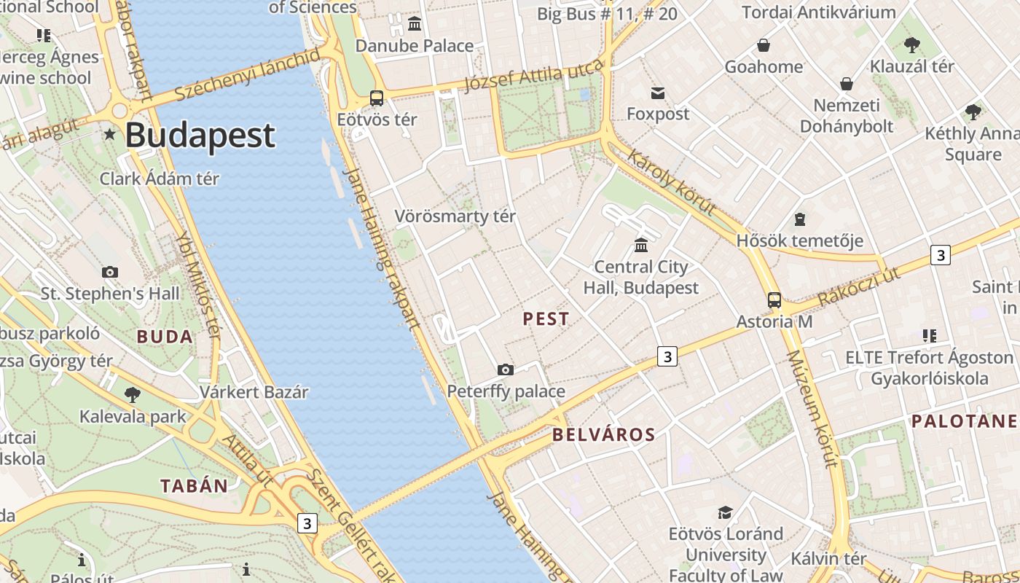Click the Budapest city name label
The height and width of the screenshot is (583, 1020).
tap(200, 136)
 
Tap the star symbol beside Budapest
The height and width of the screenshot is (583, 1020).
tap(110, 134)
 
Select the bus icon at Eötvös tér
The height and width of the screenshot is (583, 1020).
tap(377, 98)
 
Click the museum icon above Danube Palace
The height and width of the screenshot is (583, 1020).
tap(415, 24)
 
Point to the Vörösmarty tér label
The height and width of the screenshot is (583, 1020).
tap(455, 216)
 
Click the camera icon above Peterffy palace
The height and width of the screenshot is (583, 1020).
tap(506, 370)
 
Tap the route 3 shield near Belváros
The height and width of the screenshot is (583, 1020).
tap(667, 356)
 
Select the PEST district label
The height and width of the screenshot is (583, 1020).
tap(546, 319)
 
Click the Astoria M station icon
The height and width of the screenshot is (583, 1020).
tap(774, 300)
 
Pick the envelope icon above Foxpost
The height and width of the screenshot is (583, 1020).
tap(658, 93)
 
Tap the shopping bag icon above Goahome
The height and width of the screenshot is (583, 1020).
tap(763, 46)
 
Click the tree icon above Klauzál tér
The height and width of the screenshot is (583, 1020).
tap(911, 45)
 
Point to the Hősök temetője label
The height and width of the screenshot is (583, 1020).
tap(799, 240)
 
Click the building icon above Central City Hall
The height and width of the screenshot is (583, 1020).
tap(641, 245)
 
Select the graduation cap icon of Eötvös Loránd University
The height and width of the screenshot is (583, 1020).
tap(725, 512)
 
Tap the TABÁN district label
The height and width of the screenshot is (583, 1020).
tap(194, 486)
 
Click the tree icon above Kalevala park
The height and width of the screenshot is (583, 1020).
tap(133, 396)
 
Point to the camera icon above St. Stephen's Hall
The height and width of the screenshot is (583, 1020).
tap(110, 273)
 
